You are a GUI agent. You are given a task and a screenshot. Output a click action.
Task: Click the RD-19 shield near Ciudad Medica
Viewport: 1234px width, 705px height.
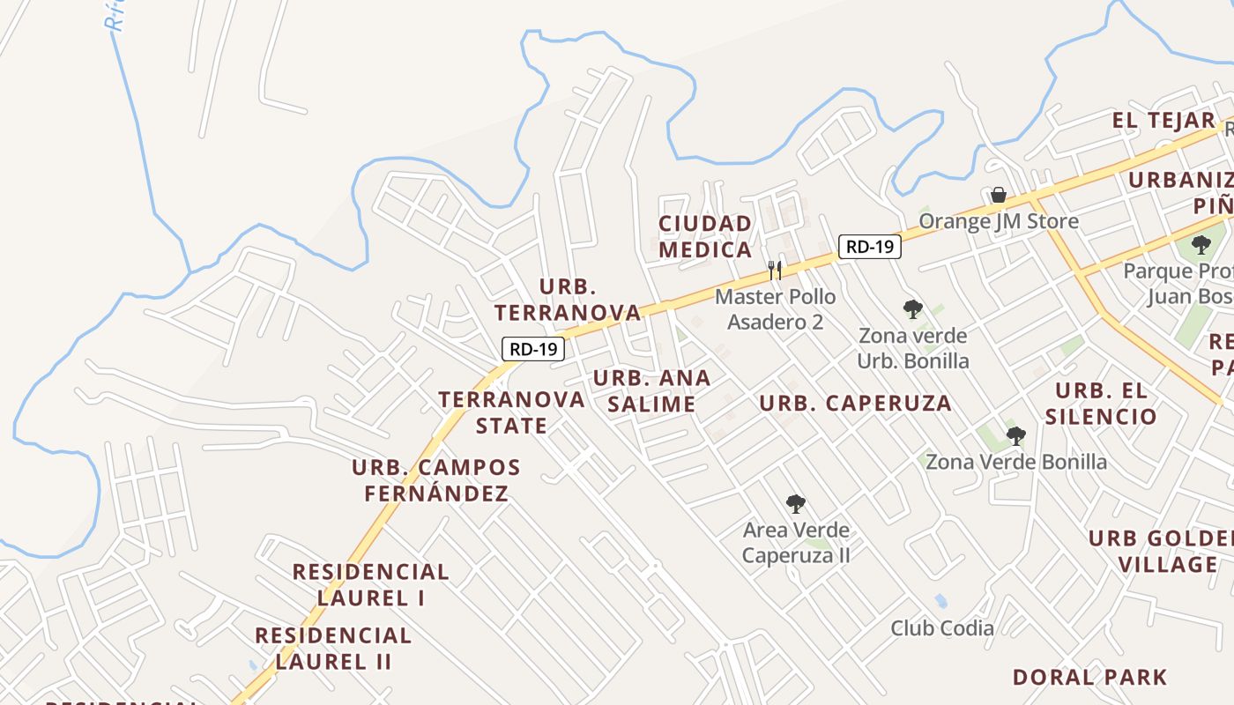coord(869,247)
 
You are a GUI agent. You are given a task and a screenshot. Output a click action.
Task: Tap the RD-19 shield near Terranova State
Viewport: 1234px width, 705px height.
coord(533,349)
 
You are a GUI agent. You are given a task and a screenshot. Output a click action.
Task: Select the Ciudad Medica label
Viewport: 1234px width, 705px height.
coord(705,236)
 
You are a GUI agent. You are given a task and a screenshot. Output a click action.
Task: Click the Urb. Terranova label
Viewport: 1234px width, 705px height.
coord(568,300)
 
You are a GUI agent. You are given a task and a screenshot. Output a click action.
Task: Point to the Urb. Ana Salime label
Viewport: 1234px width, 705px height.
coord(651,391)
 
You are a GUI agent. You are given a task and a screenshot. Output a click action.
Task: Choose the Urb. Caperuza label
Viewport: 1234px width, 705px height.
coord(855,404)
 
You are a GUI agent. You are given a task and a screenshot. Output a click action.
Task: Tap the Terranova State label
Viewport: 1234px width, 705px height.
coord(511,412)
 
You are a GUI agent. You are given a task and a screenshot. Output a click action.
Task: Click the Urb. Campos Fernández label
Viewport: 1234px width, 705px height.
coord(436,480)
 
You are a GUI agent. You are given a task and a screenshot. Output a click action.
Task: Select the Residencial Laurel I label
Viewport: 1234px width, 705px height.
coord(370,584)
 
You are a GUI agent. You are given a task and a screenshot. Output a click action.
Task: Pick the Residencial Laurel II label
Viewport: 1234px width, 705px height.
coord(333,649)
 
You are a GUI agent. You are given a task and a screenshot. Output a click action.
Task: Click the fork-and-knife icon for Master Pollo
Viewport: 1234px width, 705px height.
coord(775,270)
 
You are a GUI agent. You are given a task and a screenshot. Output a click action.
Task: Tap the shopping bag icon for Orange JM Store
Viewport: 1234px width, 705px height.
coord(999,194)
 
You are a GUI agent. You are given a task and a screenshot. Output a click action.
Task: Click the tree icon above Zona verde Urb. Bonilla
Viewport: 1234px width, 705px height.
coord(913,309)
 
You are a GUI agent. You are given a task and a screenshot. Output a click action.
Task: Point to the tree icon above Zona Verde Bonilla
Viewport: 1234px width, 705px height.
coord(1016,435)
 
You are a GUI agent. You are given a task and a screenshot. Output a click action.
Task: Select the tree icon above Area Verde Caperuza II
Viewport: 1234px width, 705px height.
coord(796,504)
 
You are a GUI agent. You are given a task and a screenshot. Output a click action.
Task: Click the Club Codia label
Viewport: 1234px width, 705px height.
coord(942,628)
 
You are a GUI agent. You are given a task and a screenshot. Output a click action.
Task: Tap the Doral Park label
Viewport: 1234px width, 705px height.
coord(1089,678)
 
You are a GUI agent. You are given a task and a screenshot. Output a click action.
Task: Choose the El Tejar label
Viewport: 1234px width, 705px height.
coord(1163,121)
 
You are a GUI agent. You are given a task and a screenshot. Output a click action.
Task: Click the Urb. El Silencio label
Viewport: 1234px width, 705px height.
coord(1100,404)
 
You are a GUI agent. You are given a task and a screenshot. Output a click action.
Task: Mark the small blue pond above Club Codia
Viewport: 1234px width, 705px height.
coord(940,601)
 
